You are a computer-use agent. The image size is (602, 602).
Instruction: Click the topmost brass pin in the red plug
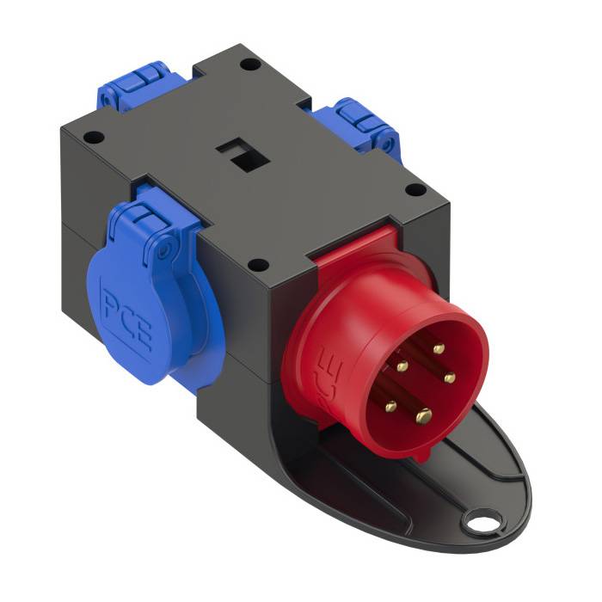click(x=439, y=348)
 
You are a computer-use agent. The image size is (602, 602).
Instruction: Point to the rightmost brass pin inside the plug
click(x=450, y=378)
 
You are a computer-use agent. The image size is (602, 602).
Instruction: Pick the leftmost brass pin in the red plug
click(x=390, y=405)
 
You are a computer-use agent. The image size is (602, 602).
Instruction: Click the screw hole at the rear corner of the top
click(x=248, y=64)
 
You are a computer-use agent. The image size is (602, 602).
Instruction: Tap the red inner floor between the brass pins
click(x=417, y=383)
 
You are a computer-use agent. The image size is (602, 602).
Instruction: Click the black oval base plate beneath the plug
click(x=482, y=482)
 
